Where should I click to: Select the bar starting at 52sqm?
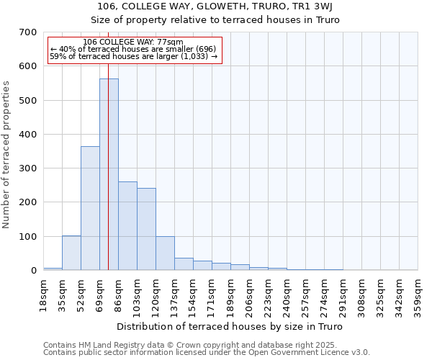(x=90, y=208)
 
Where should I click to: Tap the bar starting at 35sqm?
(x=71, y=253)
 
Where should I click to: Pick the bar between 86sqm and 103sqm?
(x=127, y=226)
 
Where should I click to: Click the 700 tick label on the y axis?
(x=28, y=32)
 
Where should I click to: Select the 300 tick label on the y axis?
(x=28, y=168)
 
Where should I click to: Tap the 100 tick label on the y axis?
(x=28, y=237)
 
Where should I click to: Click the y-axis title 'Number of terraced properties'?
(x=6, y=155)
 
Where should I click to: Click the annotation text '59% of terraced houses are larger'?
(x=133, y=56)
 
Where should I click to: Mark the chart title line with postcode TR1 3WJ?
(x=216, y=6)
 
